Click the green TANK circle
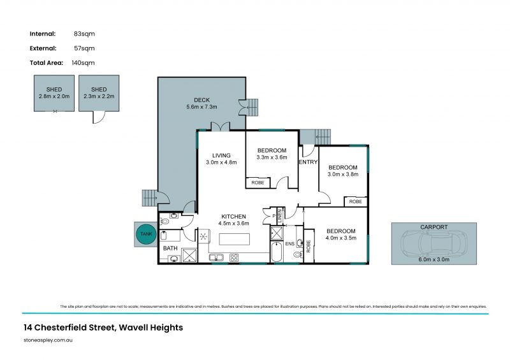(146, 234)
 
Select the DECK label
(202, 100)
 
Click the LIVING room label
(221, 155)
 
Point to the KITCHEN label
(234, 216)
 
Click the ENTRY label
(308, 162)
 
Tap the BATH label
(170, 248)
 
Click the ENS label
(290, 243)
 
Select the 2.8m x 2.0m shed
(54, 94)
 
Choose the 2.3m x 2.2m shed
(99, 94)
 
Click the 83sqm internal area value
(84, 34)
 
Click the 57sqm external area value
(84, 48)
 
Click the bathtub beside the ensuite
(277, 252)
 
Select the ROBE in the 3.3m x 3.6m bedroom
(258, 182)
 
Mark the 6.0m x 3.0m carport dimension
(433, 259)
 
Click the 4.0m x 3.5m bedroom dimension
(340, 238)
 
